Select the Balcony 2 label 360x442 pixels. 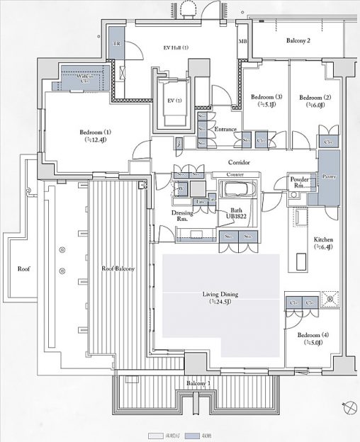pos(298,41)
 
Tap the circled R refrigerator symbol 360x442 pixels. pos(330,299)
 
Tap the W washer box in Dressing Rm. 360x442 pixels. pos(181,188)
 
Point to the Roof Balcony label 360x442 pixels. pos(118,268)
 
